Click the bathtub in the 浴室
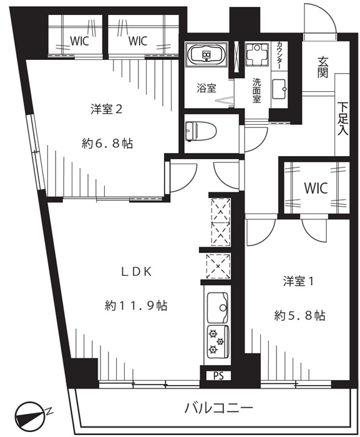click(206, 55)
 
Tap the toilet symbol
click(199, 132)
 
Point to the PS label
click(219, 376)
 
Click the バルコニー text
click(219, 408)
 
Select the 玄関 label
click(323, 67)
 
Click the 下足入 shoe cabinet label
click(343, 119)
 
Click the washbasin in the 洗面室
click(279, 89)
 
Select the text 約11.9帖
click(136, 306)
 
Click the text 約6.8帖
click(107, 144)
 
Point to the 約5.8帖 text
click(299, 316)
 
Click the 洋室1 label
click(298, 282)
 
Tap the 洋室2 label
click(107, 109)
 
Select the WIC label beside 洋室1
click(316, 188)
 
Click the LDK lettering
click(136, 272)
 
